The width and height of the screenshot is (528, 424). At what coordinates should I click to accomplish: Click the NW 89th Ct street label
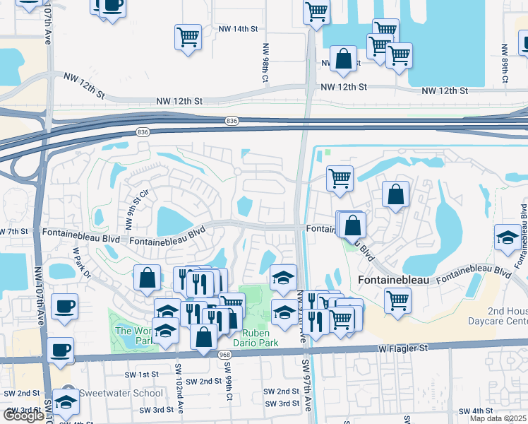point(504,64)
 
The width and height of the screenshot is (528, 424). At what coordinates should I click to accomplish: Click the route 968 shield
point(225,355)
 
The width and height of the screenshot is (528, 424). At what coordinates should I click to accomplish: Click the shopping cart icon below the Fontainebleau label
point(397,300)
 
